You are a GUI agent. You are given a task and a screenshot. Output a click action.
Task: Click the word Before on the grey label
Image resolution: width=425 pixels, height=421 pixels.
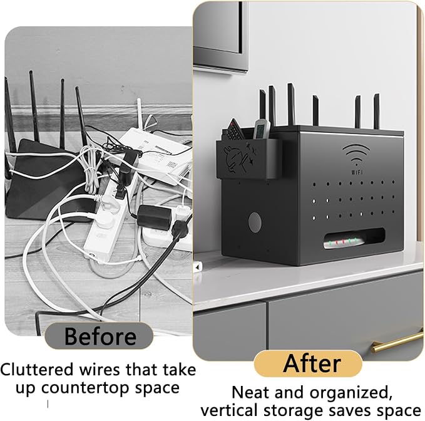click(100, 336)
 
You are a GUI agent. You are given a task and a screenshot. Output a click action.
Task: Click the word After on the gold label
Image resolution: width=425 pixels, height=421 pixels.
click(312, 363)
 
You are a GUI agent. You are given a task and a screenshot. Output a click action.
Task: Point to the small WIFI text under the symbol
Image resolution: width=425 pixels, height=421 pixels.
click(357, 172)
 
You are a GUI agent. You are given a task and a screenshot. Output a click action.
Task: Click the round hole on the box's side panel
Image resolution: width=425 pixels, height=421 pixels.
click(255, 222)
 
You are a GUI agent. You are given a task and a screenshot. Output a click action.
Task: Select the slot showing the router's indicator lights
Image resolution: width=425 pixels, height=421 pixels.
click(354, 239)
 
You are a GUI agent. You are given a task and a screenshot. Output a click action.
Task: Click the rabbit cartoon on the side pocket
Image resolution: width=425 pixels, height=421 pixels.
click(235, 160)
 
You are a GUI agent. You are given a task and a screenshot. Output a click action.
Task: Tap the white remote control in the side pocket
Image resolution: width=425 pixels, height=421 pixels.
click(262, 128)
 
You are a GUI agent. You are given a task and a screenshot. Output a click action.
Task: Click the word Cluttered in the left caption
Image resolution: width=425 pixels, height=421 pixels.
click(37, 370)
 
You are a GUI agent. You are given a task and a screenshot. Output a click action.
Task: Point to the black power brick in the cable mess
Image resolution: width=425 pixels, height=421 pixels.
click(154, 216)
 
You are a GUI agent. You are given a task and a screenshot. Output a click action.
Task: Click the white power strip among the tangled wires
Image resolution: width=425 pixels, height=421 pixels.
click(108, 220)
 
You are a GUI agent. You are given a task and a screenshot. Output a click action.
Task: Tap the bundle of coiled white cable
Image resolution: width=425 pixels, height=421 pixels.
click(91, 170)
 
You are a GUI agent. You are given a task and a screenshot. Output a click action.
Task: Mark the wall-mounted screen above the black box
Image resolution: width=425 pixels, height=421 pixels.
click(220, 35)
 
